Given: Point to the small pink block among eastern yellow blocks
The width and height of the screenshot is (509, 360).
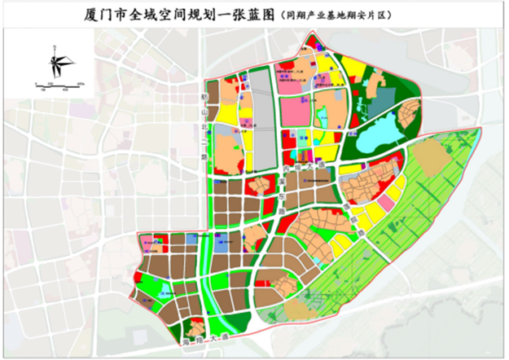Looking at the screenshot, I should [383, 200].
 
